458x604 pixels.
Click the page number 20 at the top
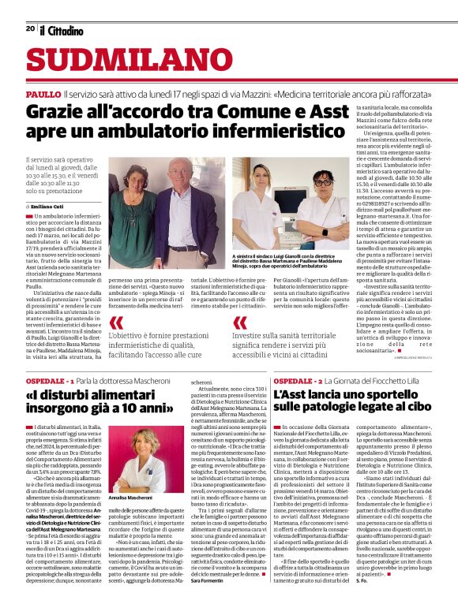pyautogui.click(x=30, y=29)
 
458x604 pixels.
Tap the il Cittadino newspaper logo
pyautogui.click(x=62, y=30)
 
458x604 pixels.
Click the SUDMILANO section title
pyautogui.click(x=119, y=62)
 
